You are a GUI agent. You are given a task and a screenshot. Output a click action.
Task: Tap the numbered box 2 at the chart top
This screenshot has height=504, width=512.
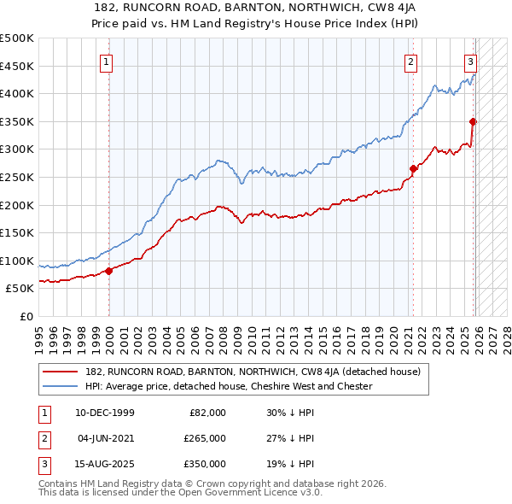point(411,61)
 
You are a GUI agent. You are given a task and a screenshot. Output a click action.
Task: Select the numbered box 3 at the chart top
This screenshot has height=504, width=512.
point(470,61)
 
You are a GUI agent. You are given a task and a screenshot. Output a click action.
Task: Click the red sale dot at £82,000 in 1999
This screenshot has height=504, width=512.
point(109,271)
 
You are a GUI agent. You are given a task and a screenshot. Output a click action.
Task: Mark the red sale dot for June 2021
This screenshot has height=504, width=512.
point(414,168)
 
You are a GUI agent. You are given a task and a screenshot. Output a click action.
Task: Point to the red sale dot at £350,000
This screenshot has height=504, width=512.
point(473,121)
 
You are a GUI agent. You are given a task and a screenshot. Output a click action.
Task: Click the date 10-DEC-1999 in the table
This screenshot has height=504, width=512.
point(105,413)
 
